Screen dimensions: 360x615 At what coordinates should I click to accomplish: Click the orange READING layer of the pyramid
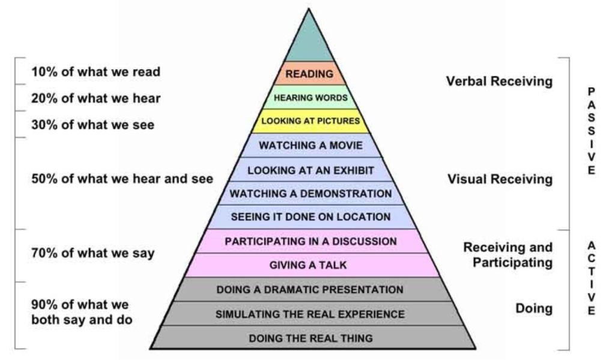coord(309,74)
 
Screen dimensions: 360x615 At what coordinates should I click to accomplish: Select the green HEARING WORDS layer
coord(311,97)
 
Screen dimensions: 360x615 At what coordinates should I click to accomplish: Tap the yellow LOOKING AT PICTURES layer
coord(311,121)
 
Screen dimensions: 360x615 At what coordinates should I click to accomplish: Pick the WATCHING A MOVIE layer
coord(311,145)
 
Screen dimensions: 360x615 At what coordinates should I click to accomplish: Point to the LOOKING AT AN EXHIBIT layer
coord(311,170)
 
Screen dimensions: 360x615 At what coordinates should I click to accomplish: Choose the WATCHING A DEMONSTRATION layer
coord(311,194)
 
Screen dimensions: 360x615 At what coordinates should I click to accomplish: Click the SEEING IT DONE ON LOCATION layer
coord(311,217)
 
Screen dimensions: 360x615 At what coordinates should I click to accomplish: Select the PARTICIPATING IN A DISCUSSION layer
coord(311,241)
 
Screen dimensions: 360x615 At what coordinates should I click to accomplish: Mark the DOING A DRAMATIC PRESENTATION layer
coord(310,290)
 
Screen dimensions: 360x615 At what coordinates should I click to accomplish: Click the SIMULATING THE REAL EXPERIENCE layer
coord(310,314)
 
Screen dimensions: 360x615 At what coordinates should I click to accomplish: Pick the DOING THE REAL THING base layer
coord(310,338)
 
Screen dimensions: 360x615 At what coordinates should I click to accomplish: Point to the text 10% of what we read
coord(96,72)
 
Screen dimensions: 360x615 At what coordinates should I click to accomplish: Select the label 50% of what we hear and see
coord(122,179)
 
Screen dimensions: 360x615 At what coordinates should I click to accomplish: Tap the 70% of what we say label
coord(92,253)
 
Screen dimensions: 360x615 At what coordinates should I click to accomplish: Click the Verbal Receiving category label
coord(499,81)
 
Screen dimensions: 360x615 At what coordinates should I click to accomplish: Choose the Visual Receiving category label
coord(500,179)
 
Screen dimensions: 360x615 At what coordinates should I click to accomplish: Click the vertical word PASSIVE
coord(592,130)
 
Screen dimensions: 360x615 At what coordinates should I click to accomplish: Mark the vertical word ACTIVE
coord(592,278)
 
